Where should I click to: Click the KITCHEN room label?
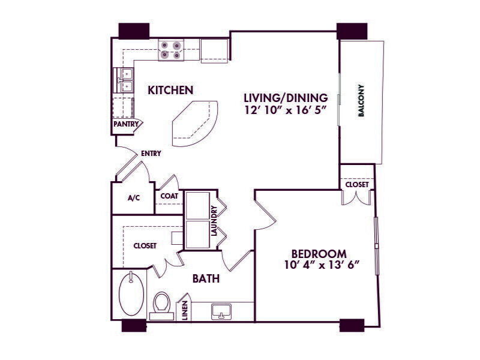coord(170,91)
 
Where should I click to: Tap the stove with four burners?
coord(171,50)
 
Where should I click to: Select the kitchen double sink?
coord(125,80)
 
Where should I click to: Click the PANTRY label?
coord(126,125)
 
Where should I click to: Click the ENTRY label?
coord(151,154)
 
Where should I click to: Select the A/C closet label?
coord(133,199)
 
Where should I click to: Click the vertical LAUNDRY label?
coord(213,220)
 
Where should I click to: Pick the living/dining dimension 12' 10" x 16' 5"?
coord(285,111)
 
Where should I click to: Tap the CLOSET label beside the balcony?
coord(357,185)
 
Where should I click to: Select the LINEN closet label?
coord(185,310)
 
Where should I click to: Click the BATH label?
coord(205,278)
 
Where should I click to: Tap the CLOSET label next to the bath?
coord(145,245)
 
